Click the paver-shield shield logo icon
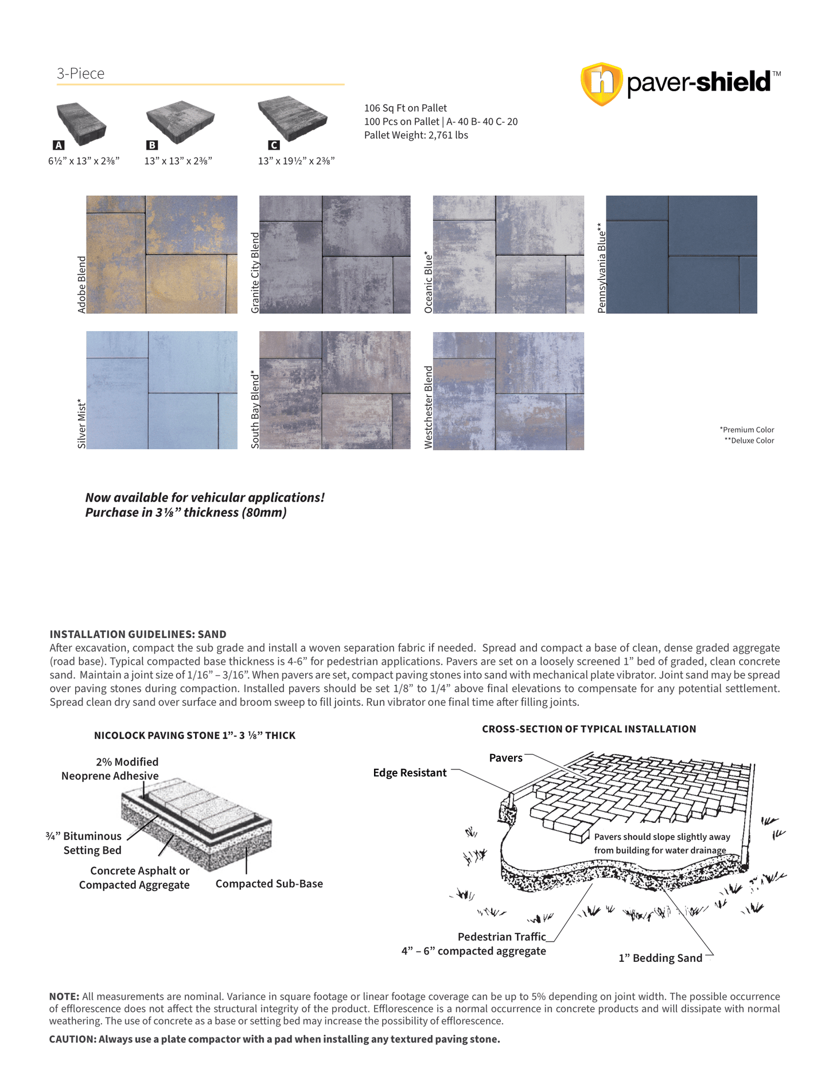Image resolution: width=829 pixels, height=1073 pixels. (x=601, y=84)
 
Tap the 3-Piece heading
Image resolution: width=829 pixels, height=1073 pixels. (x=80, y=73)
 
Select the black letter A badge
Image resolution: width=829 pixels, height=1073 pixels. (x=59, y=145)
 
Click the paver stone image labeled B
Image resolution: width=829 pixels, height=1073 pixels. (x=180, y=121)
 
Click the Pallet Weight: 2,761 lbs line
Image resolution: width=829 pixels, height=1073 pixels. (x=416, y=135)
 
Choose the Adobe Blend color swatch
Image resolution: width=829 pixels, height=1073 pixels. (x=162, y=254)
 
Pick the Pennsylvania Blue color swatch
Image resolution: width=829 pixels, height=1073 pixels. (x=682, y=254)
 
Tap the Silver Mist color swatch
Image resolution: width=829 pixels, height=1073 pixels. (x=162, y=390)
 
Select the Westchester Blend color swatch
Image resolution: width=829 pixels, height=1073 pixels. (x=508, y=391)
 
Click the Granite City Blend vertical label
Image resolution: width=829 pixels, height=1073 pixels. (x=255, y=273)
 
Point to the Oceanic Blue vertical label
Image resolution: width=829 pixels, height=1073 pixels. (x=429, y=282)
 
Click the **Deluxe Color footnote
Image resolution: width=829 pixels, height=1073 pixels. (x=749, y=441)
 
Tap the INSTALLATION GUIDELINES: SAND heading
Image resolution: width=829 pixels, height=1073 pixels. (x=138, y=634)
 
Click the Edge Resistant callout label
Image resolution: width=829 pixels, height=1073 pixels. (x=410, y=773)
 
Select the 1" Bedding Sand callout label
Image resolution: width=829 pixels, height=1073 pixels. (x=660, y=958)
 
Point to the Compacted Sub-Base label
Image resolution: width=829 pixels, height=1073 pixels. (x=269, y=884)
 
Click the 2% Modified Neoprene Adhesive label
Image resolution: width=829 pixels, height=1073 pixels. (x=110, y=769)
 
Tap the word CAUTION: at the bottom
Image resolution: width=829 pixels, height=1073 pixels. (x=72, y=1039)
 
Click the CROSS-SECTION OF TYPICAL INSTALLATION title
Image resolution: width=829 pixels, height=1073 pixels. (x=589, y=729)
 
